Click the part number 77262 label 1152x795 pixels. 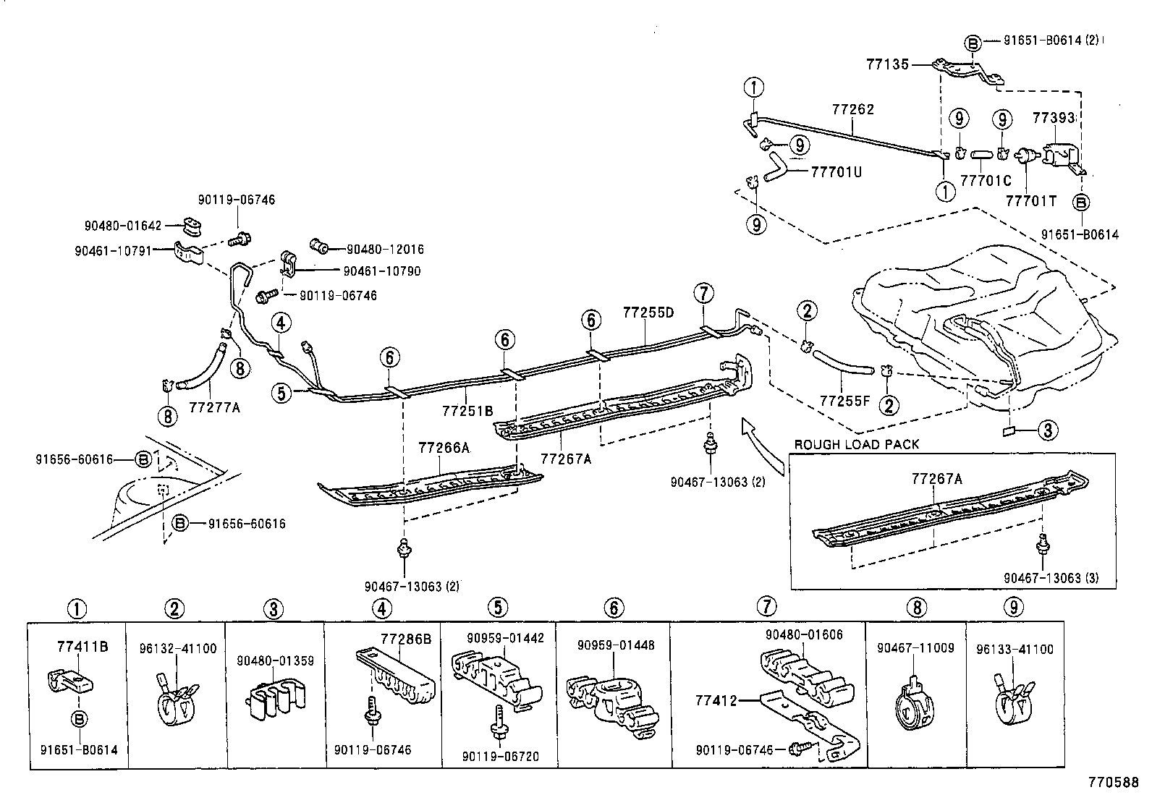pos(852,110)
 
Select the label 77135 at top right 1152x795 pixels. pos(887,64)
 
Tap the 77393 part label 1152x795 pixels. pos(1054,118)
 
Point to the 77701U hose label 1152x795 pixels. pos(836,172)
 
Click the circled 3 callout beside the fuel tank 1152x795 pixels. pos(1046,431)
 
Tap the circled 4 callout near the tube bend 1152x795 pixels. pos(281,323)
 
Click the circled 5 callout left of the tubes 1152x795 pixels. pos(281,393)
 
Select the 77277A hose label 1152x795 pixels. pos(213,407)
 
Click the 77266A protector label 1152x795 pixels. pos(444,448)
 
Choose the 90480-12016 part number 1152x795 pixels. pos(385,250)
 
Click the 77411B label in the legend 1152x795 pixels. pos(82,647)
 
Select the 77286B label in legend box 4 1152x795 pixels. pos(405,639)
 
